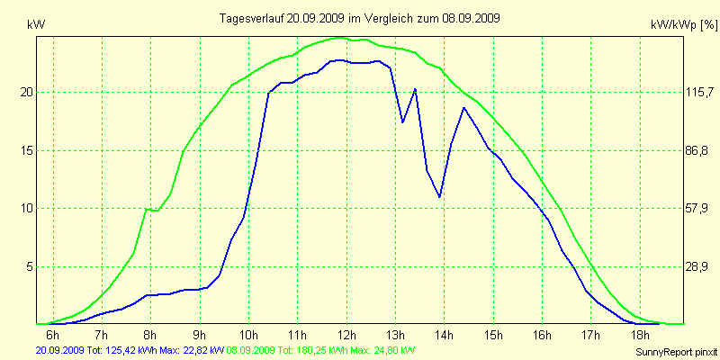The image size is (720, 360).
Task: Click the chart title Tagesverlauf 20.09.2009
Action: tap(360, 18)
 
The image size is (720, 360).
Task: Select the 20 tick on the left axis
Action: tap(26, 92)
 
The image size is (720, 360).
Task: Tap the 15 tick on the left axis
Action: tap(26, 150)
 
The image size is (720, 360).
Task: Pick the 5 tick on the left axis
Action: tap(29, 266)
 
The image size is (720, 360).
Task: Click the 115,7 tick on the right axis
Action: tap(699, 92)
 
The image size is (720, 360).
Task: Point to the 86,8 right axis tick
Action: tap(699, 150)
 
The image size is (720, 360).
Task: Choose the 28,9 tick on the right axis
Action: tap(699, 266)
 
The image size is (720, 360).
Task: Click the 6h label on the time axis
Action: tap(52, 336)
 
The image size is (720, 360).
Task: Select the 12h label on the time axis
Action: tap(346, 336)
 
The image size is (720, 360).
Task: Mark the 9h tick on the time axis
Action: tap(199, 336)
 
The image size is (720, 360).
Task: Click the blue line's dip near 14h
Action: tap(439, 196)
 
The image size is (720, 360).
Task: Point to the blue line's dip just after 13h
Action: tap(402, 121)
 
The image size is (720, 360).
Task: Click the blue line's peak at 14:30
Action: tap(463, 108)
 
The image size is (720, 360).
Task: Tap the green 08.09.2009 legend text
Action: tap(321, 349)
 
